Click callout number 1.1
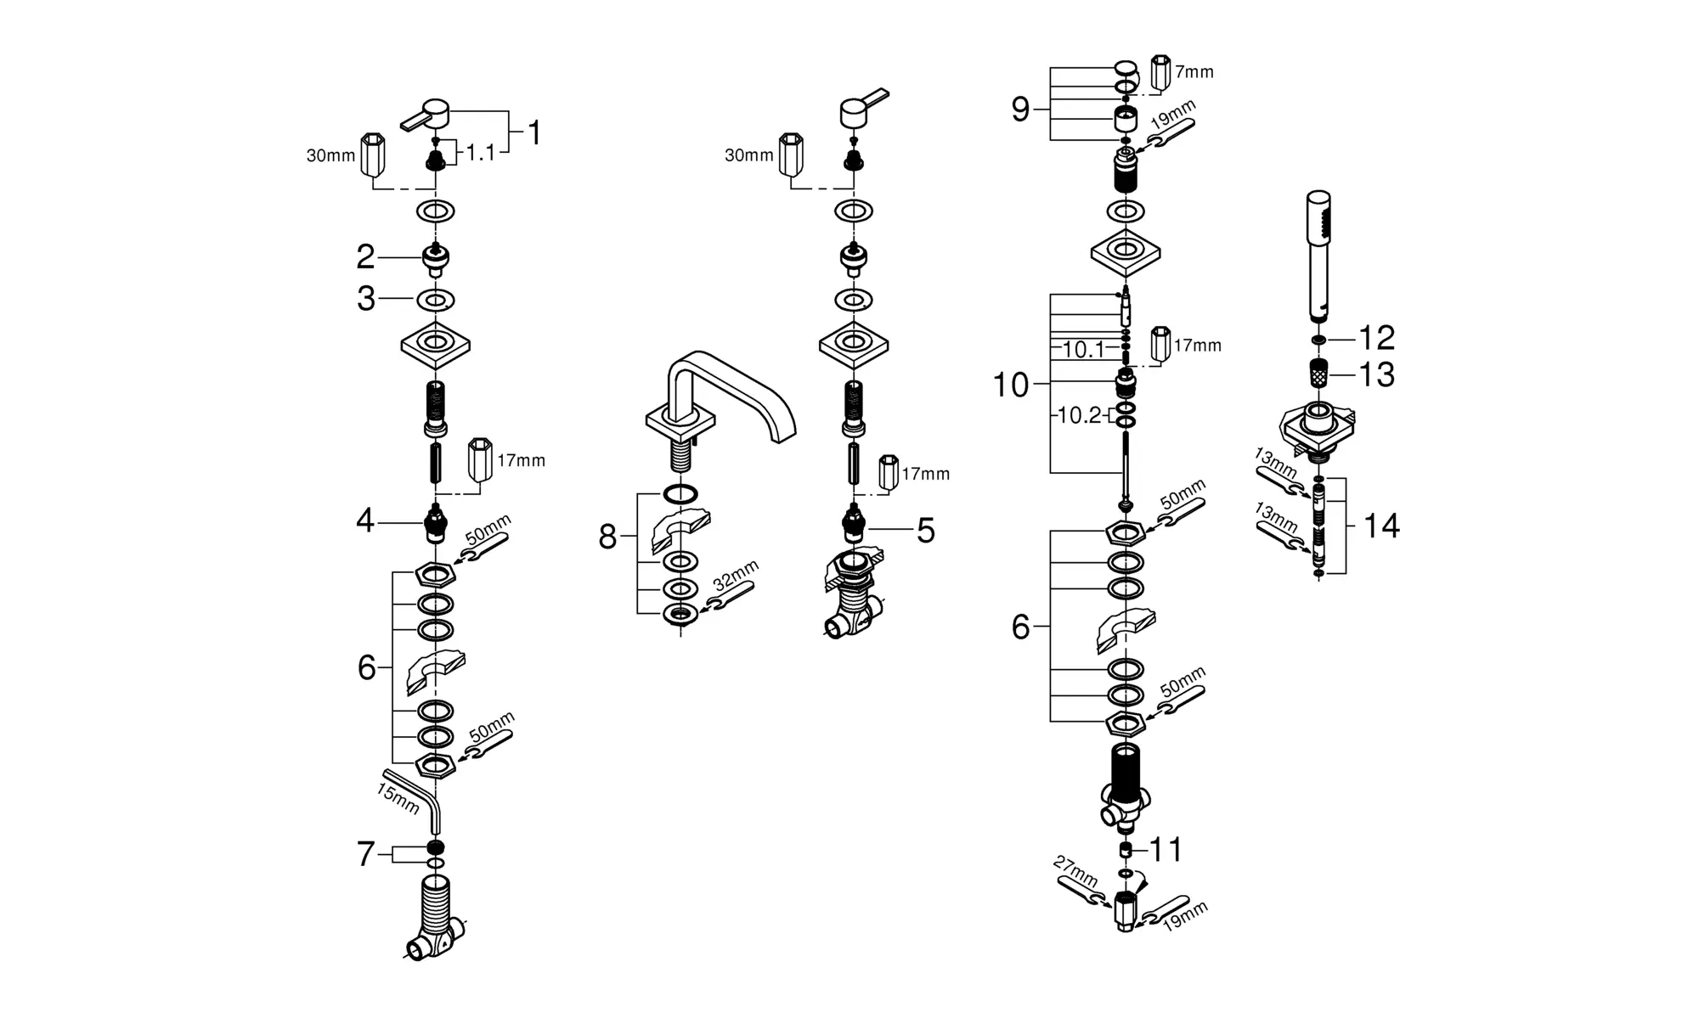pyautogui.click(x=480, y=153)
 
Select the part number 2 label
pyautogui.click(x=365, y=256)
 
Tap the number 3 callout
pyautogui.click(x=366, y=299)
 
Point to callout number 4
pyautogui.click(x=365, y=520)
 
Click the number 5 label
pyautogui.click(x=925, y=531)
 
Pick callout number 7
pyautogui.click(x=366, y=854)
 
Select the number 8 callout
pyautogui.click(x=607, y=537)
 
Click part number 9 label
pyautogui.click(x=1020, y=110)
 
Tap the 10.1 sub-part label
pyautogui.click(x=1083, y=349)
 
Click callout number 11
pyautogui.click(x=1166, y=849)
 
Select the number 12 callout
pyautogui.click(x=1377, y=338)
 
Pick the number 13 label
pyautogui.click(x=1377, y=374)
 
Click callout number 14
pyautogui.click(x=1381, y=526)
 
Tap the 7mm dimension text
pyautogui.click(x=1194, y=72)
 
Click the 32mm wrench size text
pyautogui.click(x=736, y=575)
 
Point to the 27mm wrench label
pyautogui.click(x=1075, y=872)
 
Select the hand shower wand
pyautogui.click(x=1318, y=255)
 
